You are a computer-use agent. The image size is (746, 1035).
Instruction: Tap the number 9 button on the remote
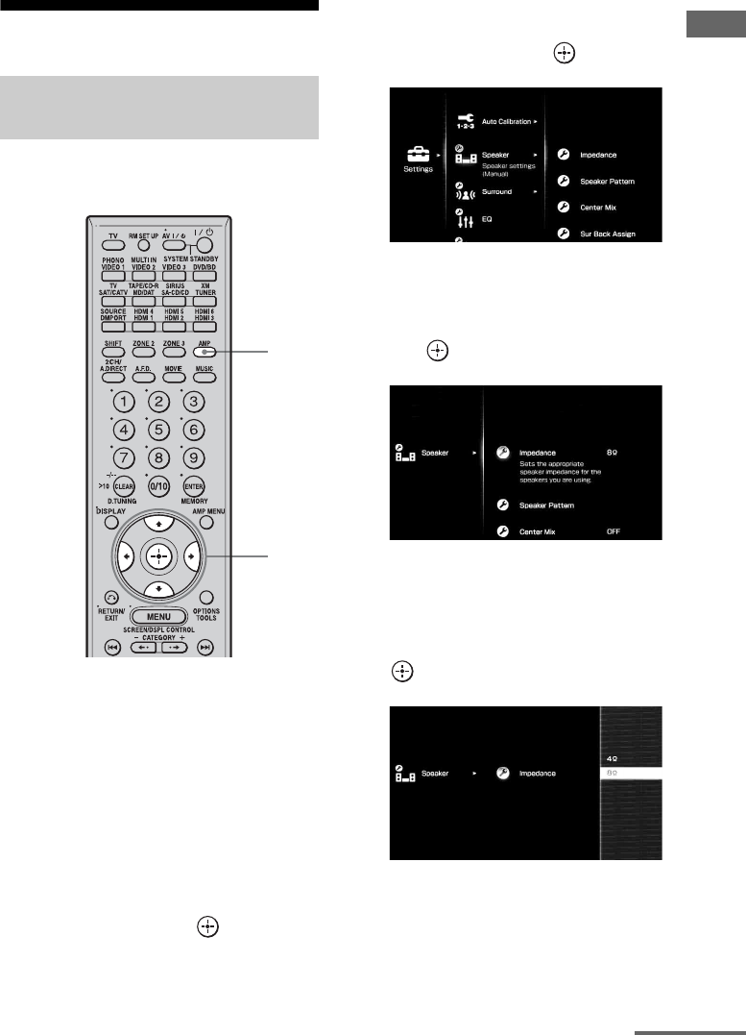[195, 457]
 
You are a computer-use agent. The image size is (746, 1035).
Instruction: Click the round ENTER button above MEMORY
[195, 487]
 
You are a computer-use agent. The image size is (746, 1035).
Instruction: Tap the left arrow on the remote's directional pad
[125, 556]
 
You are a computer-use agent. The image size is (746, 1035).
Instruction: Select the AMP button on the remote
[204, 353]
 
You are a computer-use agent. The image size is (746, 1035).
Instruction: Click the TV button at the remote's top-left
[113, 237]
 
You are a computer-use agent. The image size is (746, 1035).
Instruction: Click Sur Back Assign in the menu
[608, 234]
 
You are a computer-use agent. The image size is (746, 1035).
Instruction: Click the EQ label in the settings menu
[488, 219]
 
